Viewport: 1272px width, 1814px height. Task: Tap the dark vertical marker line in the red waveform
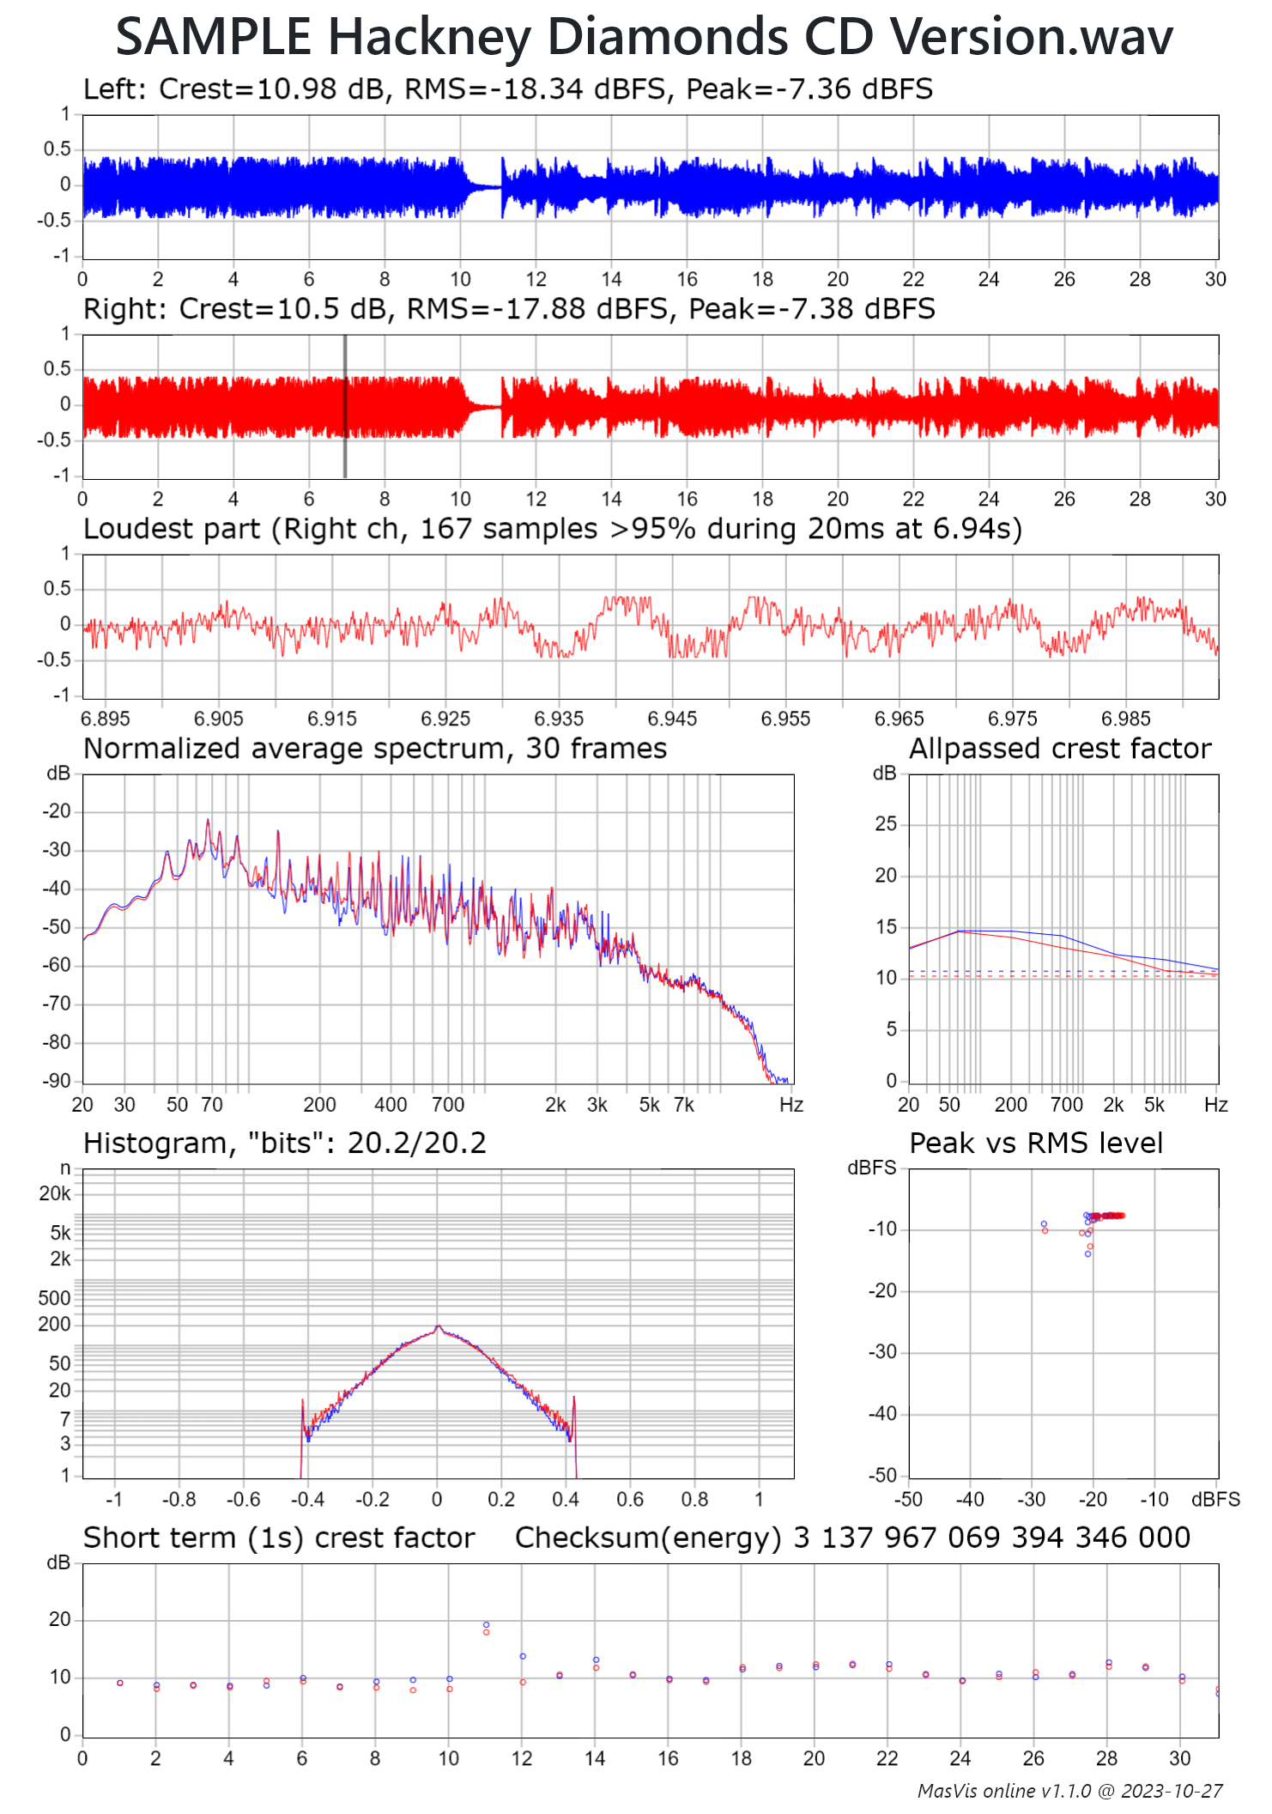pyautogui.click(x=345, y=406)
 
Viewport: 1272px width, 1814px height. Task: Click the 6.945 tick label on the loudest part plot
pyautogui.click(x=672, y=719)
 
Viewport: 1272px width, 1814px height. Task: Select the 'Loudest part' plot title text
pyautogui.click(x=552, y=529)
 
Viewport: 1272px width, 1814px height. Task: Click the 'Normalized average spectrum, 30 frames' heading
pyautogui.click(x=374, y=749)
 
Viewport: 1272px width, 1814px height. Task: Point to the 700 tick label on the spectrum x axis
pyautogui.click(x=447, y=1105)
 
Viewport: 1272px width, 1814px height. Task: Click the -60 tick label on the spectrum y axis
pyautogui.click(x=57, y=965)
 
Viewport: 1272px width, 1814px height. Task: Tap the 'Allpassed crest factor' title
pyautogui.click(x=1059, y=749)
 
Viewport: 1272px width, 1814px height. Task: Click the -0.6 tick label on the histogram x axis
pyautogui.click(x=243, y=1500)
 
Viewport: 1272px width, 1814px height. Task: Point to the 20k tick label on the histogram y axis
pyautogui.click(x=55, y=1193)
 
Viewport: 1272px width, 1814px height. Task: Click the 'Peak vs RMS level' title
pyautogui.click(x=1035, y=1144)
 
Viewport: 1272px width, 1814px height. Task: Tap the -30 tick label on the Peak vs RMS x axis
pyautogui.click(x=1031, y=1500)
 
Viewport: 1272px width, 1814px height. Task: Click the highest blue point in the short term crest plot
pyautogui.click(x=486, y=1625)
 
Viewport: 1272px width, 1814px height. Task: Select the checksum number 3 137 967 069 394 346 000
pyautogui.click(x=991, y=1538)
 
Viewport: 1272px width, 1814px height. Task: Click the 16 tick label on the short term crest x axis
pyautogui.click(x=668, y=1758)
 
